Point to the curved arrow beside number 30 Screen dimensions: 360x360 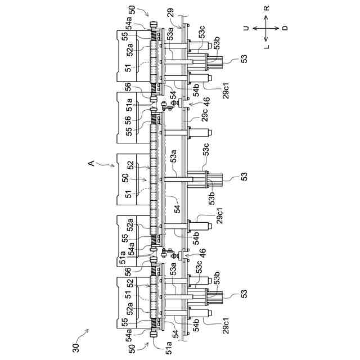tap(85, 336)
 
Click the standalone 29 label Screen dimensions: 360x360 tap(170, 12)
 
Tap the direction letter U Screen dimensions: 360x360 tap(246, 28)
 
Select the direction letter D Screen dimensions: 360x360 tap(285, 28)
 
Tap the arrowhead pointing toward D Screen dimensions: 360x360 tap(277, 28)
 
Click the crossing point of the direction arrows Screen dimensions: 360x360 tap(266, 28)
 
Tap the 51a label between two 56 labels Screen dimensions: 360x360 tap(128, 105)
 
